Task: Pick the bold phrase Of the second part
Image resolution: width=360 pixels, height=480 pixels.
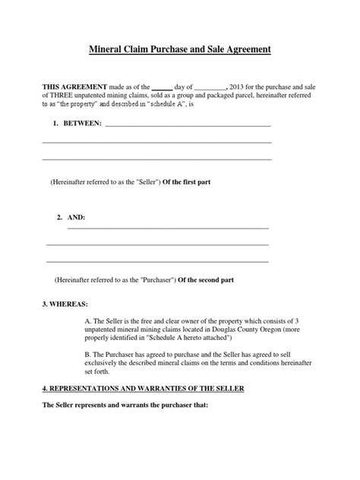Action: pos(206,279)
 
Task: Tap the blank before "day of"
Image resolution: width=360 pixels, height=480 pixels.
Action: pos(163,88)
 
